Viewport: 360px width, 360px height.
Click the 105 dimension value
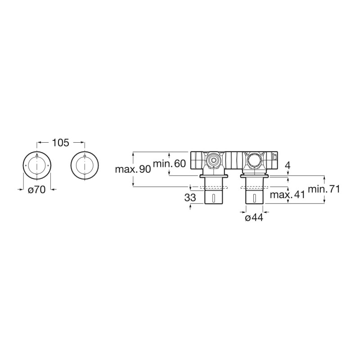pos(61,143)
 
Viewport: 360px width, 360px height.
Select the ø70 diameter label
pos(37,189)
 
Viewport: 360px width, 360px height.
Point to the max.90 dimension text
pos(133,170)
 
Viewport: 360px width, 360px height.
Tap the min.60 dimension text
pos(169,164)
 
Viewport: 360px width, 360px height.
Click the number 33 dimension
pos(190,198)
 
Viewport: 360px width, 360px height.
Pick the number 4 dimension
pos(288,165)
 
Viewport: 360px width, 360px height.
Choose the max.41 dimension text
pos(288,195)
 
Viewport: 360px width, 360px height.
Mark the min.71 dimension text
pos(324,189)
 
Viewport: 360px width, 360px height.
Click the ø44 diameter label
pos(254,217)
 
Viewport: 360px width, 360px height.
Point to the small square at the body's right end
pos(274,157)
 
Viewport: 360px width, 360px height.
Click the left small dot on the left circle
pos(26,166)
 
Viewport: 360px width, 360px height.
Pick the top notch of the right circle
pos(85,157)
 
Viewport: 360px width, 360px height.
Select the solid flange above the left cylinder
pos(214,176)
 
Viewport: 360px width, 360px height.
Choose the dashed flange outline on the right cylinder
pos(255,187)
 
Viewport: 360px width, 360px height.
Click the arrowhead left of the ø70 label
pos(21,189)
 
